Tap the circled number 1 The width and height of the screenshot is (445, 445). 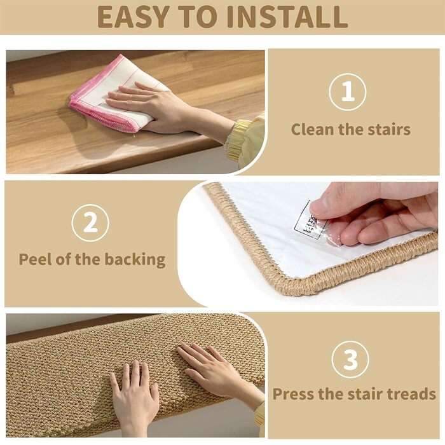click(x=347, y=92)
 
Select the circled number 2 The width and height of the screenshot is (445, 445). click(x=90, y=222)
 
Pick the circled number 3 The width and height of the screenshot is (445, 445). click(x=350, y=360)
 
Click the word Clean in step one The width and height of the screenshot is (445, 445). click(x=313, y=130)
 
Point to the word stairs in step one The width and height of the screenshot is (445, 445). click(x=387, y=130)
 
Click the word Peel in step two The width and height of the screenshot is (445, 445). click(x=36, y=259)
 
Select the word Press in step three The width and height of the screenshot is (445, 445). click(x=294, y=394)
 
